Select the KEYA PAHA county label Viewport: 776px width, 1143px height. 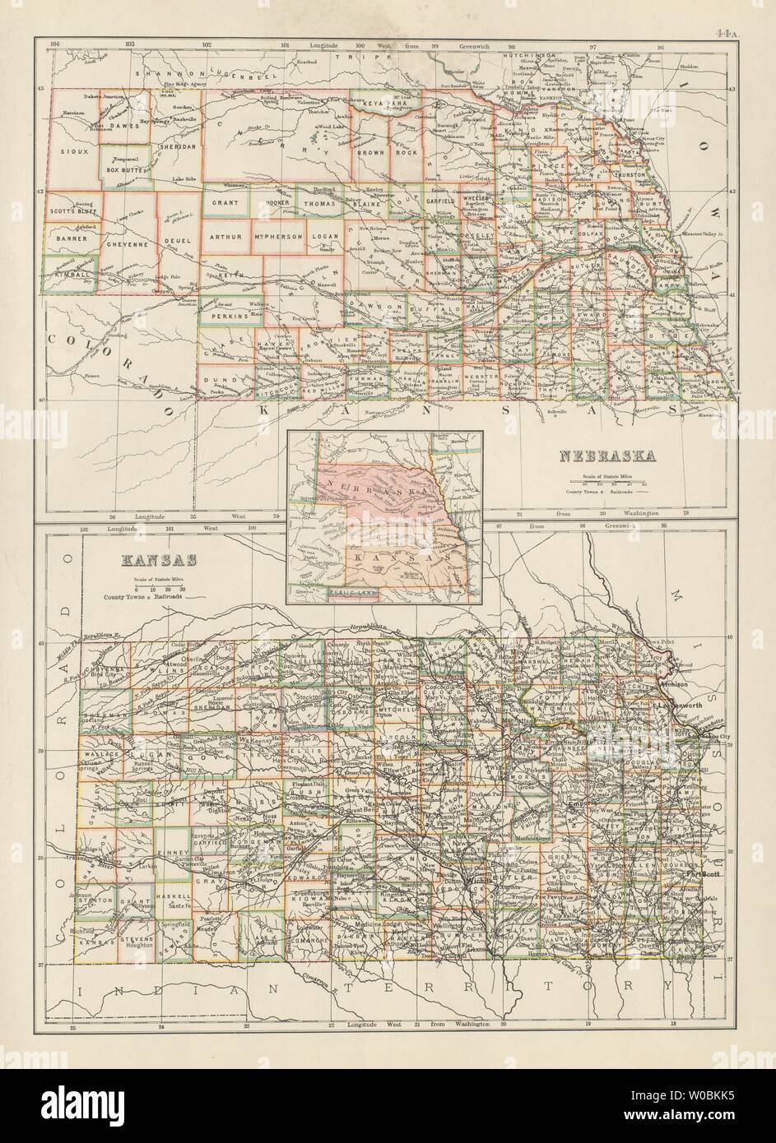[385, 103]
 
